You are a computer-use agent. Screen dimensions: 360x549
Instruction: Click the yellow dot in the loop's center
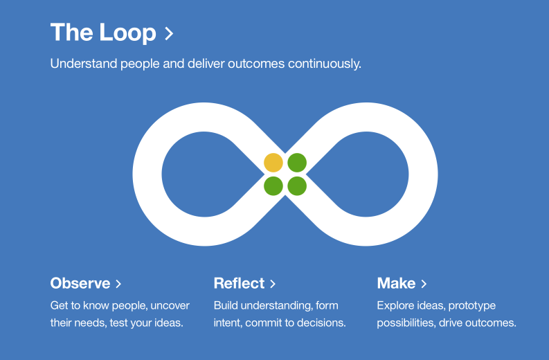[x=273, y=163]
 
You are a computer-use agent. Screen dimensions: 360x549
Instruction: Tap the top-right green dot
[x=297, y=163]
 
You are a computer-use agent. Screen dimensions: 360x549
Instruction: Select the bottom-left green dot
[x=273, y=186]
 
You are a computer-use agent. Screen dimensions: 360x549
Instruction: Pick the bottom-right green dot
[x=297, y=186]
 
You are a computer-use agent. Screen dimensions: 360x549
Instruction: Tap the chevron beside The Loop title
[x=169, y=33]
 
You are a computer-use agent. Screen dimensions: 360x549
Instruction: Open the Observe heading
[x=80, y=283]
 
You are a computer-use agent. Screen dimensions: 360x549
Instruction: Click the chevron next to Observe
[x=118, y=284]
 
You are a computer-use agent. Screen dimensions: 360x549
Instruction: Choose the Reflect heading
[x=239, y=283]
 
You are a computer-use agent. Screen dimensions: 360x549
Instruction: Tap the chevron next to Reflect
[x=273, y=284]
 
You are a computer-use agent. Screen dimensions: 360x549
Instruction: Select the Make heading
[x=396, y=283]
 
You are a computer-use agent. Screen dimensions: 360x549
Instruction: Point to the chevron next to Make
[x=424, y=284]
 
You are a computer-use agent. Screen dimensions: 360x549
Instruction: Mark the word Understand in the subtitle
[x=80, y=64]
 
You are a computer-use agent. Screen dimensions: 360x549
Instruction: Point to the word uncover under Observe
[x=170, y=305]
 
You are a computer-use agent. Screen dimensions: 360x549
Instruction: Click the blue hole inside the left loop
[x=197, y=173]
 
